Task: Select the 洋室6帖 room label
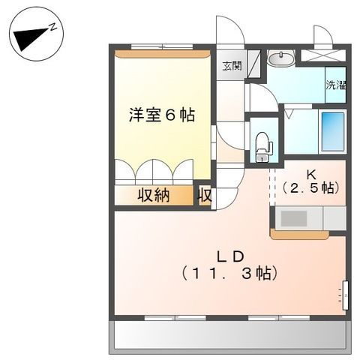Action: [x=161, y=115]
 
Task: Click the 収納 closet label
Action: [x=153, y=195]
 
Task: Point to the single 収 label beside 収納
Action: [x=204, y=195]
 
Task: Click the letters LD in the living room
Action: [x=230, y=253]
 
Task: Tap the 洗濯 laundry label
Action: [x=336, y=85]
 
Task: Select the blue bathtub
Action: [x=332, y=131]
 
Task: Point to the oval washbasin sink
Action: [x=280, y=57]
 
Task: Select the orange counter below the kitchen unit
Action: [x=299, y=235]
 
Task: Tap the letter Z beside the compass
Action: [x=54, y=25]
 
